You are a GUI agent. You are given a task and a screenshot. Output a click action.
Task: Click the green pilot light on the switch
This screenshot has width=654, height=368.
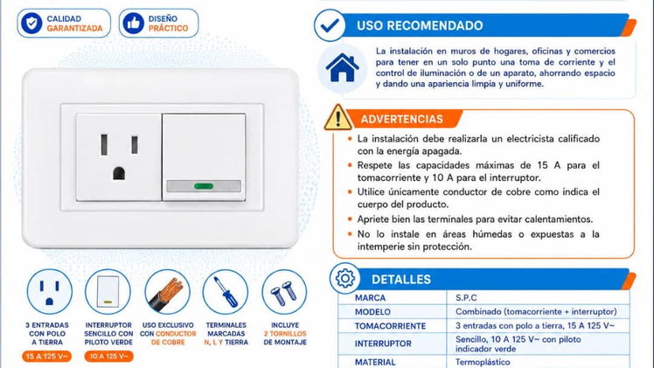coord(204,186)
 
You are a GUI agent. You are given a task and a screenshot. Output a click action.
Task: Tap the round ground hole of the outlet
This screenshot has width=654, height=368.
coord(119,173)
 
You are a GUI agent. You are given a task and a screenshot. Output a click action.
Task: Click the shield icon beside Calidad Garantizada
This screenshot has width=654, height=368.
coord(31,23)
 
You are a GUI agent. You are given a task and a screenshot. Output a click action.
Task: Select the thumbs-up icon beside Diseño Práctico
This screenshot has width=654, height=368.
coord(134,23)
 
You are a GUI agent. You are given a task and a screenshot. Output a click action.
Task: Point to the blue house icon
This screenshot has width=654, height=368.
coord(343,67)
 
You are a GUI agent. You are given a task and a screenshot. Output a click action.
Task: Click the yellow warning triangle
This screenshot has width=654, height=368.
coord(337,117)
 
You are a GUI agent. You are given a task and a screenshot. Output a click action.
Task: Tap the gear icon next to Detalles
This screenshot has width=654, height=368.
coord(345,278)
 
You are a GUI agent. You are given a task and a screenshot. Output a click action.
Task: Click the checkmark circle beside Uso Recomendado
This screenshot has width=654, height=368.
coord(330,25)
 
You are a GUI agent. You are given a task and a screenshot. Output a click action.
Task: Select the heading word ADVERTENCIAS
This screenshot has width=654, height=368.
coord(401,119)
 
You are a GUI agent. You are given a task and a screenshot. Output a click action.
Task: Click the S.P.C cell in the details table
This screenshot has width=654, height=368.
coord(466,297)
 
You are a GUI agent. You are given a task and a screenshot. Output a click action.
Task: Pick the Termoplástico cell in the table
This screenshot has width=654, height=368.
coord(483,362)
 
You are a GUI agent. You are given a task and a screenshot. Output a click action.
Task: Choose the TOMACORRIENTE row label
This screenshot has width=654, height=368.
coord(391,326)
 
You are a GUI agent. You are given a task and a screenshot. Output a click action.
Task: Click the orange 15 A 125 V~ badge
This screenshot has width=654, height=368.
coord(47,357)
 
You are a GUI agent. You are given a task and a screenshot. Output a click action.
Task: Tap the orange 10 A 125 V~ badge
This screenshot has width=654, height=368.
coord(109,357)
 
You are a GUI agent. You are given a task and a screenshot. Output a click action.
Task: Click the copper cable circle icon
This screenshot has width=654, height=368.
coord(167,292)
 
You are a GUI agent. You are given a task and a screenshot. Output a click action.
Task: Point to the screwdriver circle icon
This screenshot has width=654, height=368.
coord(226,292)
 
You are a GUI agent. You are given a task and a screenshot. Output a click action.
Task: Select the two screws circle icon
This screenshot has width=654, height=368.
coord(284,292)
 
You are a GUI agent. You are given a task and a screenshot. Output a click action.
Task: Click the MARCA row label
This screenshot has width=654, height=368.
coord(370,297)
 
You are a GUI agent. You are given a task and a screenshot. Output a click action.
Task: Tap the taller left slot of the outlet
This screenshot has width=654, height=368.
coord(104,145)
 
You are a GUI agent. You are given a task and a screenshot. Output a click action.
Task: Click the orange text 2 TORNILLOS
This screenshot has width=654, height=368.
coord(285,334)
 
